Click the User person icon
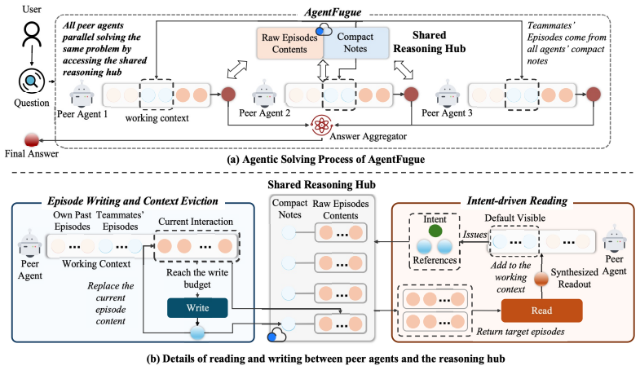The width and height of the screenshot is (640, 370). tap(32, 34)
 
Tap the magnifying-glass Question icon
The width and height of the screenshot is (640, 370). tap(32, 81)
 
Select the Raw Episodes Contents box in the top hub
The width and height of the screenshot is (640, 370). tap(289, 43)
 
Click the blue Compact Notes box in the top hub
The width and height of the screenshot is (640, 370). tap(355, 43)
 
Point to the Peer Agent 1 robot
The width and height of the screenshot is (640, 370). tap(82, 95)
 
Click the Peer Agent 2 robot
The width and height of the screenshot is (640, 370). tap(264, 95)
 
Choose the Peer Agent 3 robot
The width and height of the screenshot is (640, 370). tap(448, 95)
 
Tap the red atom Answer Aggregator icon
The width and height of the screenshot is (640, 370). tap(322, 125)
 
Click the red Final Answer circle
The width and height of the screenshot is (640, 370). tap(32, 140)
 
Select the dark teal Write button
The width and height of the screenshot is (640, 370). tap(197, 308)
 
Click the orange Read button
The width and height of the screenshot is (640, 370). tap(541, 311)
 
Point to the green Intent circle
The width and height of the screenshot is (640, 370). tap(435, 231)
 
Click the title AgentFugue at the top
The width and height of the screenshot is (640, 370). tap(333, 12)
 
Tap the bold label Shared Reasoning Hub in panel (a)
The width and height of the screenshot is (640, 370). tap(430, 42)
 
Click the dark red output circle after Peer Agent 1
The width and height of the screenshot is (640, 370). tap(228, 95)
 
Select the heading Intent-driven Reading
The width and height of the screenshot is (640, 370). tap(517, 200)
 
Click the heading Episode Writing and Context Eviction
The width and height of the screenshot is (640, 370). tap(133, 200)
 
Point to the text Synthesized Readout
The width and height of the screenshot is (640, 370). tap(574, 278)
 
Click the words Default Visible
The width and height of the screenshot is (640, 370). tap(515, 218)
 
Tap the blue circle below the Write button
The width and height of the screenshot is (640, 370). tap(197, 332)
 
